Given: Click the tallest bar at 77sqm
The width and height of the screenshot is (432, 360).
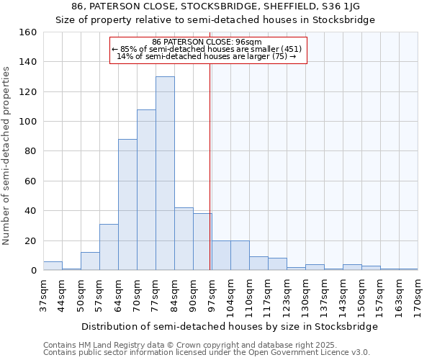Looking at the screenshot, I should pos(165,174).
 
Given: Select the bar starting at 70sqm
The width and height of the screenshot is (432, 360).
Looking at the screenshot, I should pos(146,190).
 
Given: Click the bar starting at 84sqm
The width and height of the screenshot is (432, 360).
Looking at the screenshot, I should pos(184,239).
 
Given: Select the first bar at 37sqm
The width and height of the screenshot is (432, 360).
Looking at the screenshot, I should pos(53,266).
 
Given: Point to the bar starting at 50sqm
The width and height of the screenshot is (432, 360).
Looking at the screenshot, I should pos(90,261).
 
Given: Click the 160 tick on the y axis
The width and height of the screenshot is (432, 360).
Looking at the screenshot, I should pos(28,32).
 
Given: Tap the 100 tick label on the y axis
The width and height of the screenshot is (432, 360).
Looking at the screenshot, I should pos(28,122).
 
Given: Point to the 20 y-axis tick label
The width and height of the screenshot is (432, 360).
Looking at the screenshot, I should pos(31,241).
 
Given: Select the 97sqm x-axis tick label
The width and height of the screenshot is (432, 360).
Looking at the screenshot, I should pos(212,294).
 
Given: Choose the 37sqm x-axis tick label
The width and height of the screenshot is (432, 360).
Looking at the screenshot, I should pos(43,294).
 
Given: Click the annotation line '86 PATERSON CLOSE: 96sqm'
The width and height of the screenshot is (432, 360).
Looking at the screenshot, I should pos(207,42).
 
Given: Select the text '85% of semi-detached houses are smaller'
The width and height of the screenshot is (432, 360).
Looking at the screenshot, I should pos(205,49).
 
